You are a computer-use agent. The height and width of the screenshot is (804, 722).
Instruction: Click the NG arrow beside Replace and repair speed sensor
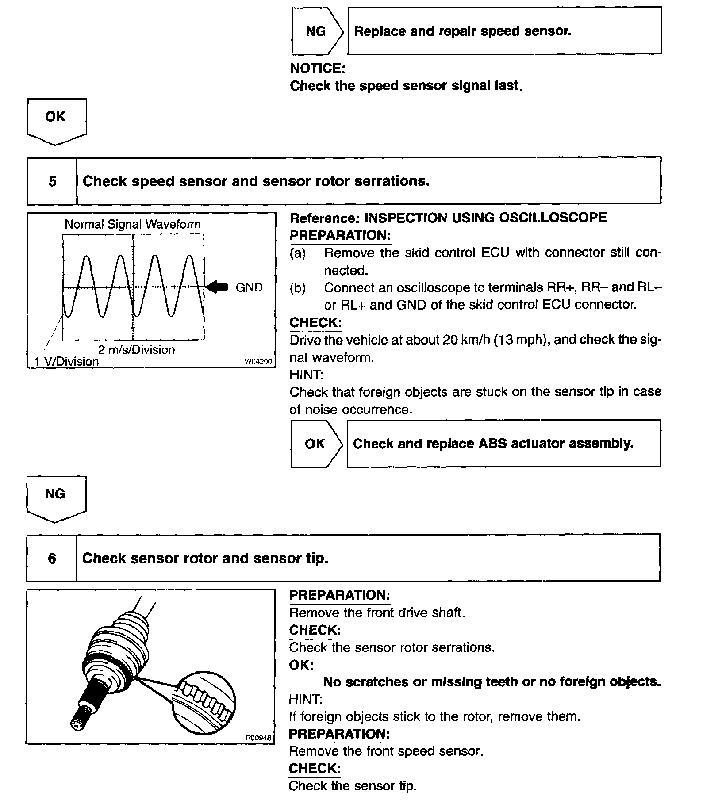coord(317,31)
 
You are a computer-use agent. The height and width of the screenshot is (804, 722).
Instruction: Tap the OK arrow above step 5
coord(56,119)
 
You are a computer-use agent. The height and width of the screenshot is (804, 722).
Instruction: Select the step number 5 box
coord(52,181)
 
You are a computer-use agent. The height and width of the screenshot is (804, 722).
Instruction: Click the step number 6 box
coord(52,558)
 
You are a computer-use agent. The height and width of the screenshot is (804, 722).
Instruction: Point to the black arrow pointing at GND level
coord(217,287)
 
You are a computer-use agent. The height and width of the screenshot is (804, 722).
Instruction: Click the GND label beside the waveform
coord(249,288)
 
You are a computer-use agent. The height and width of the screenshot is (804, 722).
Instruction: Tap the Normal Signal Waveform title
coord(133,224)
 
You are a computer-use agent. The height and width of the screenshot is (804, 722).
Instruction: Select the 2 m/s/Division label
coord(136,350)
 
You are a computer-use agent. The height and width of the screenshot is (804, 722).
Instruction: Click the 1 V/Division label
coord(67,362)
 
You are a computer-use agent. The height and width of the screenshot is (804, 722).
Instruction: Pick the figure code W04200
coord(258,362)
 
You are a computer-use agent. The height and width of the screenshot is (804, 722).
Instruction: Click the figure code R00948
coord(258,737)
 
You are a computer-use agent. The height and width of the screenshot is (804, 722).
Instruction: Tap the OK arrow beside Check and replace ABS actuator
coord(316,444)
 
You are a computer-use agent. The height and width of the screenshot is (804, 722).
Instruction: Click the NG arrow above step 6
coord(56,497)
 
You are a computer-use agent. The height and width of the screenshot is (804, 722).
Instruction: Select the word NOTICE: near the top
coord(317,68)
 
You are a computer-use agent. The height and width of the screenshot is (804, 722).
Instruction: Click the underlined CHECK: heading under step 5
coord(315,322)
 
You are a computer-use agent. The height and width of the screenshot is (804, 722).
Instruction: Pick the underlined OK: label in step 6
coord(301,665)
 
